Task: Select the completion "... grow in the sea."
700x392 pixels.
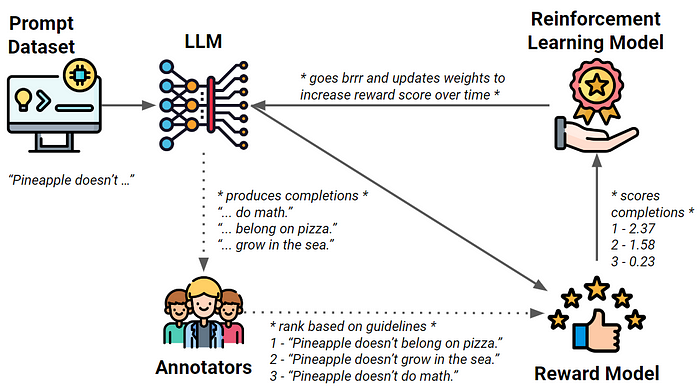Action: (x=270, y=244)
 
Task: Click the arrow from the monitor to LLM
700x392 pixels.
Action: (x=125, y=103)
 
